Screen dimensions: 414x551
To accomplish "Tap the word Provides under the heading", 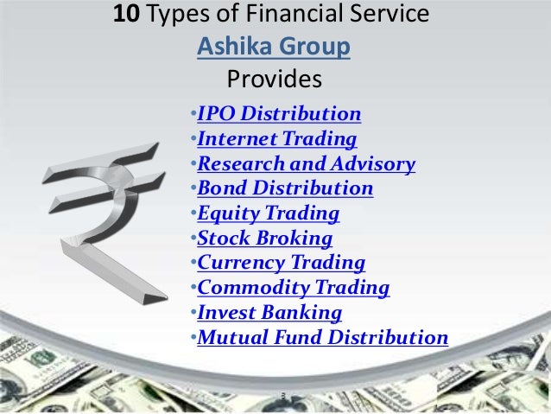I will pyautogui.click(x=274, y=80).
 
